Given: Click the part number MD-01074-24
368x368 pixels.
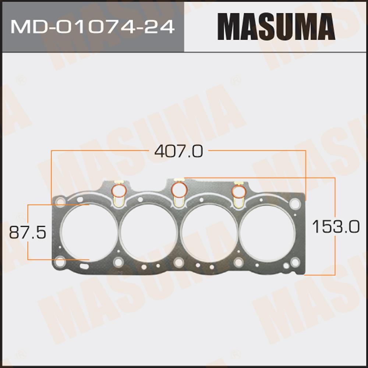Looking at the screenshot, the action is coord(92,26).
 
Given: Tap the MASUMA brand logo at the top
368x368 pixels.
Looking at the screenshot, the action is coord(276,26).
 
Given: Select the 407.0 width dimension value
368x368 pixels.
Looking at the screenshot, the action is coord(178,151).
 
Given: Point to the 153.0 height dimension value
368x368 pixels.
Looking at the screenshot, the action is coord(336,226).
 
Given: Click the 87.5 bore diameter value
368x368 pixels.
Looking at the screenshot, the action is coord(28,232).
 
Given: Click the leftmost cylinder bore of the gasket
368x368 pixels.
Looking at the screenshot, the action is coord(89,232).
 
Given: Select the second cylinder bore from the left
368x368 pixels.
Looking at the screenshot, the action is coord(148,232).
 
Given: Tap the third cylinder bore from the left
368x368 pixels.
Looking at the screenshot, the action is coord(209,232).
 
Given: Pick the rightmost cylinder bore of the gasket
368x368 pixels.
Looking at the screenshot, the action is coord(267,232).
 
